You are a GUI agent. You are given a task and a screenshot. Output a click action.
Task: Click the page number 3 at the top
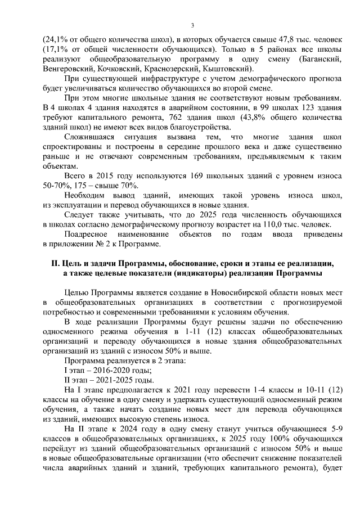(192, 25)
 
